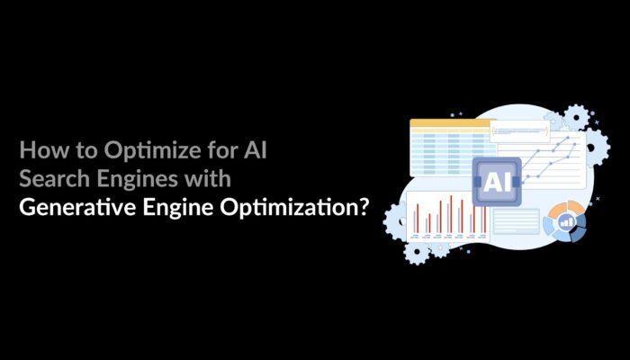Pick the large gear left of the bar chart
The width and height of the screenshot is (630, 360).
tap(396, 218)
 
